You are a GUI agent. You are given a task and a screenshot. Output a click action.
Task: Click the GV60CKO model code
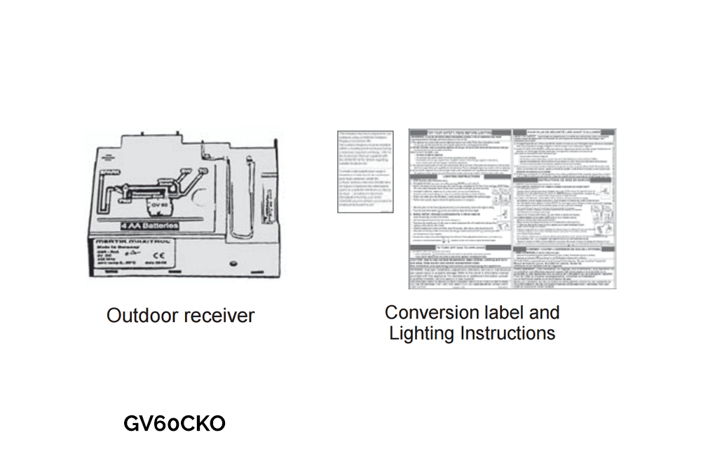(175, 424)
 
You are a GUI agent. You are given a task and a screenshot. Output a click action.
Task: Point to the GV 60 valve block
(156, 206)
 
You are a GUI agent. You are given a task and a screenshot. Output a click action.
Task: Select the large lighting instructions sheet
(512, 208)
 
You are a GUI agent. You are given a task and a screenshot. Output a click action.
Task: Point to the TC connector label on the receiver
(201, 171)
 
